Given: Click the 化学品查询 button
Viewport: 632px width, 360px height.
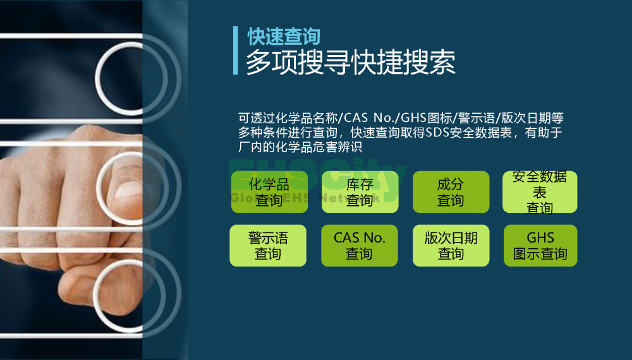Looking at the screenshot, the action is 269,191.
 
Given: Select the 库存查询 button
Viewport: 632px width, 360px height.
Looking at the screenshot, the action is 360,191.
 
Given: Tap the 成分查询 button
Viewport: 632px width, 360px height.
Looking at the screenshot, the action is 451,191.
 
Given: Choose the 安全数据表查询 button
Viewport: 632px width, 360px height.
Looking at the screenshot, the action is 540,191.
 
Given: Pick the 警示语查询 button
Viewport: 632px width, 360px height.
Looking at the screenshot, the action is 268,246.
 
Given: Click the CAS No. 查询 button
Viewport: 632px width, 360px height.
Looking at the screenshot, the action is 360,246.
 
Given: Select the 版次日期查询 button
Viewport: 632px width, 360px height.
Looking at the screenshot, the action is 451,246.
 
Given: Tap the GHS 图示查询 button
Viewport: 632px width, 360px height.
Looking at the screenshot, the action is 540,246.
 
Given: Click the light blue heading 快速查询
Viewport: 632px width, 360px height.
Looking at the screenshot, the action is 284,37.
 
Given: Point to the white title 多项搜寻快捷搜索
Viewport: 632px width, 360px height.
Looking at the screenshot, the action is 351,63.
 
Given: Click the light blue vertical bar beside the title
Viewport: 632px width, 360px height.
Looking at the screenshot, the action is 235,51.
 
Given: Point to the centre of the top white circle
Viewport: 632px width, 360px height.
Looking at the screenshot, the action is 131,78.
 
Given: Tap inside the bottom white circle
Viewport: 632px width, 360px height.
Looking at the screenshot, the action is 129,296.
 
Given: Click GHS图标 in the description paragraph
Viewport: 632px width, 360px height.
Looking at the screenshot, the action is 426,118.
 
